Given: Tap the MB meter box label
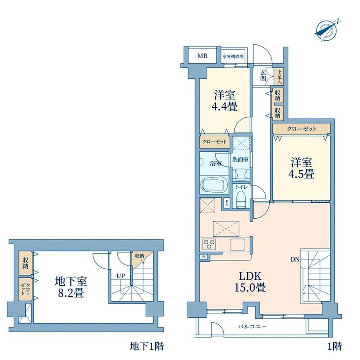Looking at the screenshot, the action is coord(203,56).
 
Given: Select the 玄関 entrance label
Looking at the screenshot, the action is coord(263,76).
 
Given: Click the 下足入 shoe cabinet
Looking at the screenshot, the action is coord(279,76).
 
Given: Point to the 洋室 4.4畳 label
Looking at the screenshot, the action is coord(225,101).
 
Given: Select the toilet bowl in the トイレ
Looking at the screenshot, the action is coord(241,199).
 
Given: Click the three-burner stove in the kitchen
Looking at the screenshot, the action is coord(209,244).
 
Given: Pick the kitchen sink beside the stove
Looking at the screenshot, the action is coord(238,245).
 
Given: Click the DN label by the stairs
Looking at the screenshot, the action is coord(295,260).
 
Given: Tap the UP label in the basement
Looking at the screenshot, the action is coord(121,276).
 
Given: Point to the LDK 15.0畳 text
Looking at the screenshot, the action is coord(250,282).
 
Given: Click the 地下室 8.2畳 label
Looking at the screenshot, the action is coord(71,287).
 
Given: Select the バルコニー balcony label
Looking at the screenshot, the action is coord(252,326).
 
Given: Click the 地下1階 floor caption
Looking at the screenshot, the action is coord(147,346).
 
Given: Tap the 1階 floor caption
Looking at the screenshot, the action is coord(334,346).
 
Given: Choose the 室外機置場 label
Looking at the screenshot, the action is coord(233,56).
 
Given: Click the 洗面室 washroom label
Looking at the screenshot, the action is coord(240,159).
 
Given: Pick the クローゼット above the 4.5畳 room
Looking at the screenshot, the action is coord(301,129).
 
